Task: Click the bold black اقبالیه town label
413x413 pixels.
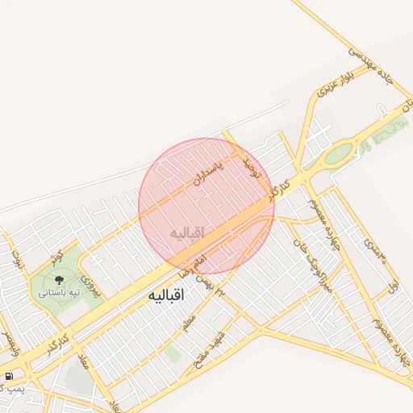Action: tap(167, 296)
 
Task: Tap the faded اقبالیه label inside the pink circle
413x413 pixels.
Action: tap(187, 232)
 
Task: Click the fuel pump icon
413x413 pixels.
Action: tap(8, 377)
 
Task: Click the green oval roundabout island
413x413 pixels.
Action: tap(340, 152)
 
